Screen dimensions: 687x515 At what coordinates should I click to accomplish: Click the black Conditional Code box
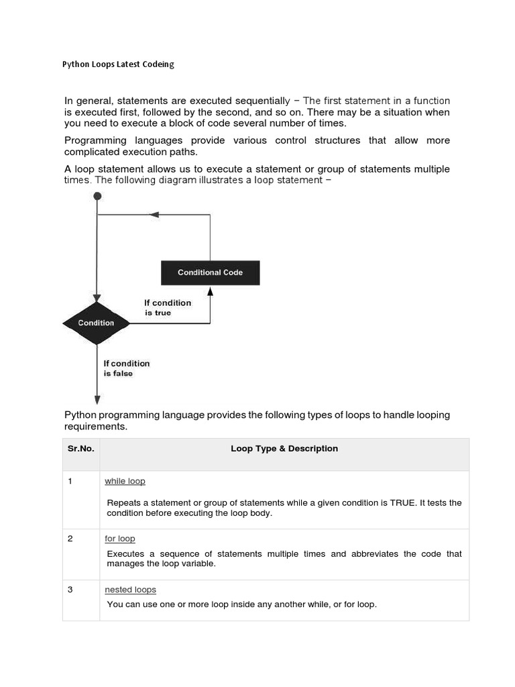[210, 272]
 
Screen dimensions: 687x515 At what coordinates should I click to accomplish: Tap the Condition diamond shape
[97, 323]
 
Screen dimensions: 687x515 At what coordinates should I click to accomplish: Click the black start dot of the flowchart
[97, 196]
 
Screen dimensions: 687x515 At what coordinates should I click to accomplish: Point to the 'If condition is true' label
[168, 308]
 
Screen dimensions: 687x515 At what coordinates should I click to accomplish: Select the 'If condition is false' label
[127, 368]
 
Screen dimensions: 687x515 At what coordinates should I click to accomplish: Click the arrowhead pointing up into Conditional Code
[210, 291]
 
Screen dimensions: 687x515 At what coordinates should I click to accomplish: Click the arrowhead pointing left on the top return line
[154, 215]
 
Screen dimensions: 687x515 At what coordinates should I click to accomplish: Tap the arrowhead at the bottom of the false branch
[97, 394]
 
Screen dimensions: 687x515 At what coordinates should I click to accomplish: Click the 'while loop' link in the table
[125, 481]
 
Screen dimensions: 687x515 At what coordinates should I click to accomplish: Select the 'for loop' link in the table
[120, 538]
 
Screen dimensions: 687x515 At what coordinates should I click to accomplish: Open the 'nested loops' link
[130, 589]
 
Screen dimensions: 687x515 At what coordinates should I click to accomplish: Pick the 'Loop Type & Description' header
[284, 448]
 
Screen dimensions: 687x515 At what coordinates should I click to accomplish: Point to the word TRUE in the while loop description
[404, 503]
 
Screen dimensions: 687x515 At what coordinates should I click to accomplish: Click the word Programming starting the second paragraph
[95, 140]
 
